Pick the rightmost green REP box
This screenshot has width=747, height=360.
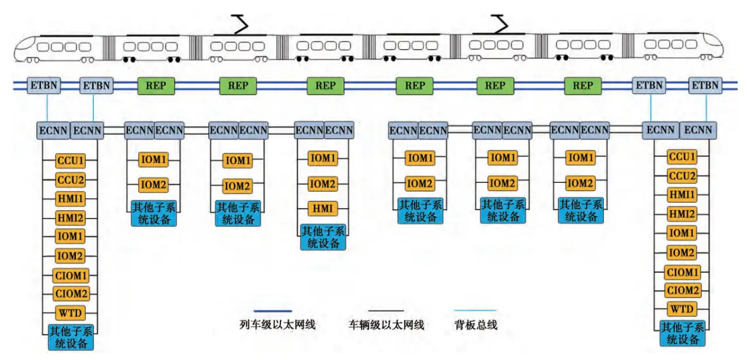[583, 86]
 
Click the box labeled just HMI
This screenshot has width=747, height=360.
[324, 207]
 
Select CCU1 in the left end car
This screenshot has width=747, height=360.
[71, 160]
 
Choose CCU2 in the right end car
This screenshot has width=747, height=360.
[682, 176]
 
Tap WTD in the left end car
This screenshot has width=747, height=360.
[71, 313]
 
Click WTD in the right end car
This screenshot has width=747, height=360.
[682, 309]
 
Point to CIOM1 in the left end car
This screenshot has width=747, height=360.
[71, 275]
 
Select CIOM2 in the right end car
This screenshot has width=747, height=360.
[682, 290]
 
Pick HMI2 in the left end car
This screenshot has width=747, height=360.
[71, 217]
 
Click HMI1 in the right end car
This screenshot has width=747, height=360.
[682, 195]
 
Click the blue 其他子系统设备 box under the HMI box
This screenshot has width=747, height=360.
[324, 237]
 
